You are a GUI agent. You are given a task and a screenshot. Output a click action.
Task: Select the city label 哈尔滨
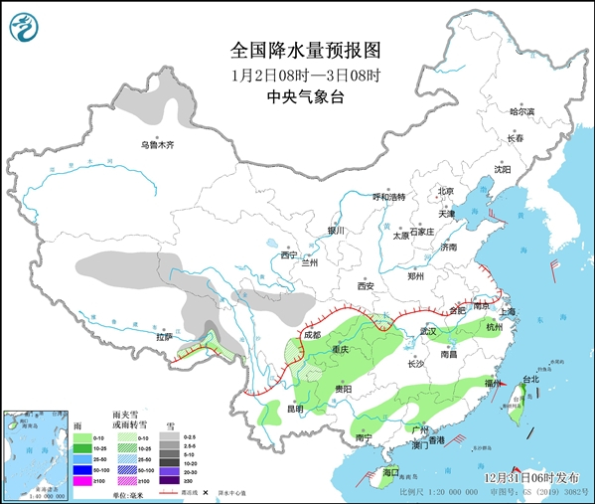(x=521, y=111)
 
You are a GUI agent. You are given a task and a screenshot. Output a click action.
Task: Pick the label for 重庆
(x=341, y=350)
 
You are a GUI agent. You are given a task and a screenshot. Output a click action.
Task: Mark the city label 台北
(x=530, y=379)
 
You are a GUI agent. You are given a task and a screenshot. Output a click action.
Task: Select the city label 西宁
(x=288, y=255)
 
